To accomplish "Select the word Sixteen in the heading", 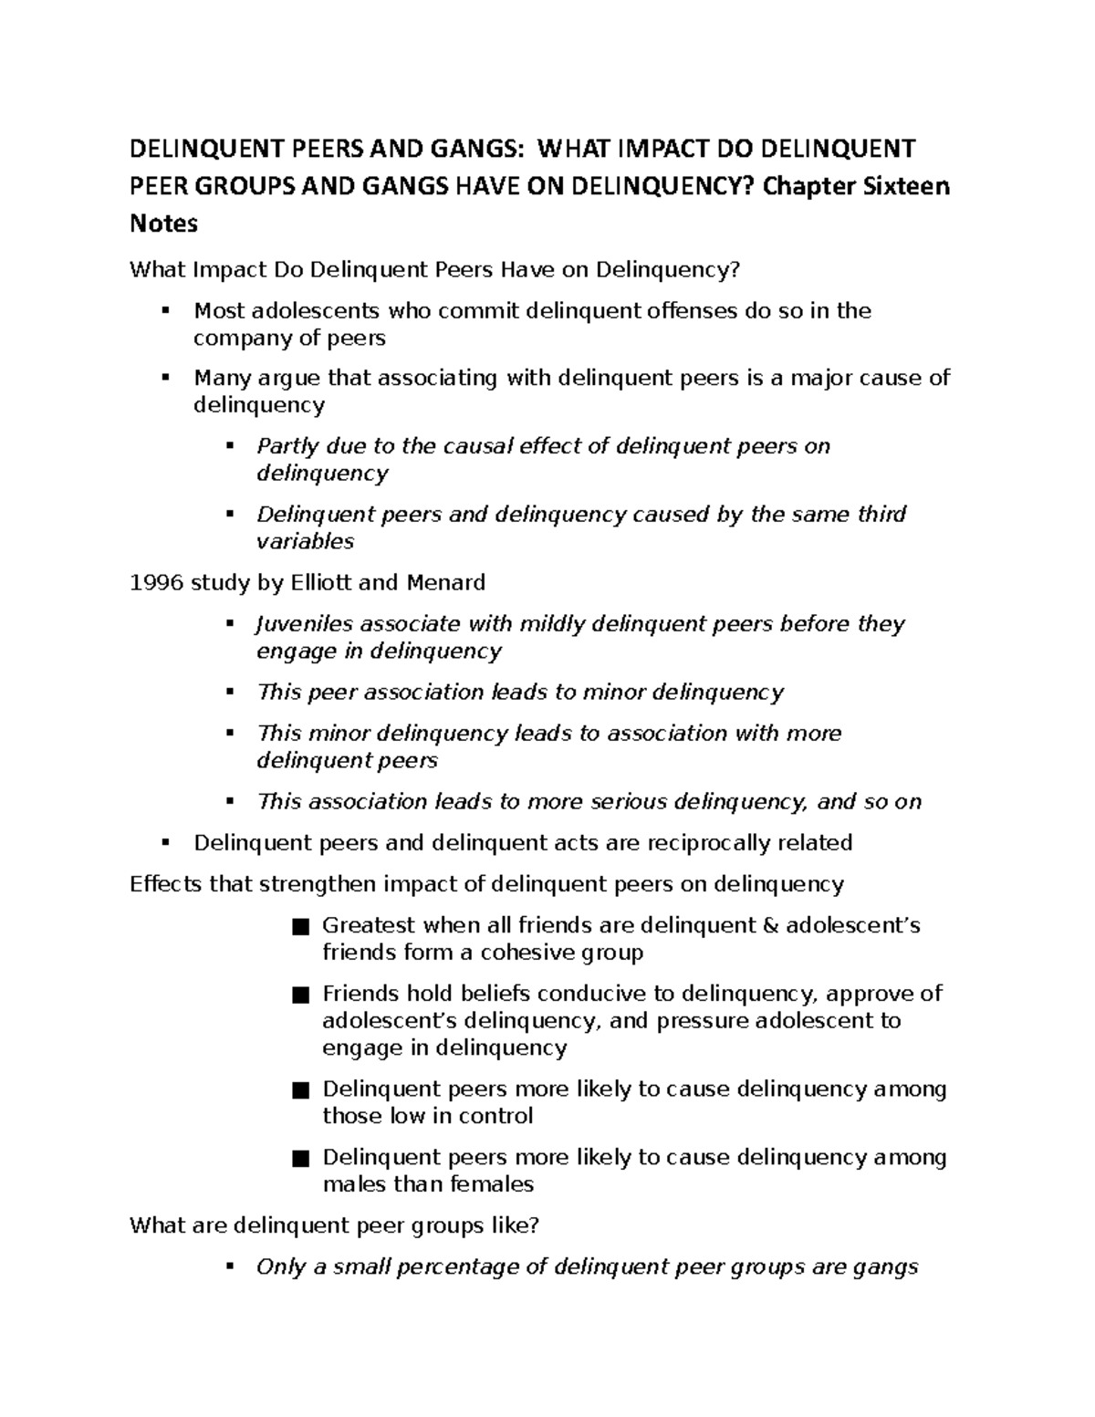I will click(x=903, y=186).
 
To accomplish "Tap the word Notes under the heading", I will click(x=163, y=224).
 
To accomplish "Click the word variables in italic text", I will click(x=305, y=542).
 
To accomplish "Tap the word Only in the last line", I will click(x=280, y=1267).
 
